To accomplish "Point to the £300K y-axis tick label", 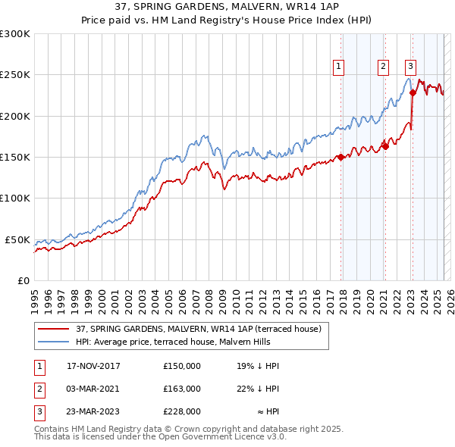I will (15, 34).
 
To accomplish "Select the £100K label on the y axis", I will (15, 198).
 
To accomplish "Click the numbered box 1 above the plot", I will (337, 67).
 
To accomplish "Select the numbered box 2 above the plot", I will (384, 67).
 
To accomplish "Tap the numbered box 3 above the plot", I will (410, 67).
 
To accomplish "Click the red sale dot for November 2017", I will (341, 158).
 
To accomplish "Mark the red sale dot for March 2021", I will (385, 146).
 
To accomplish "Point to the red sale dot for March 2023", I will (413, 93).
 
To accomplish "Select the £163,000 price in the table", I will (182, 389).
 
